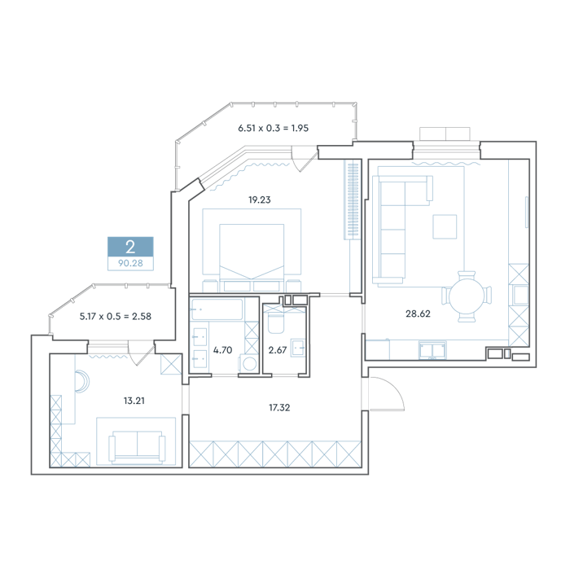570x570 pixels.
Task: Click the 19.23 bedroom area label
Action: click(x=260, y=200)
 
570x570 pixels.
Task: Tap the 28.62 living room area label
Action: click(x=418, y=313)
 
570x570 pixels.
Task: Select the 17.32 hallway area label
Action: click(x=279, y=408)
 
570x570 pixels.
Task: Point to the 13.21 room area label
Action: click(x=134, y=401)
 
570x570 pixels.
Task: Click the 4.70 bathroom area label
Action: click(x=222, y=350)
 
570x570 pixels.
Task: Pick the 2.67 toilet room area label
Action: click(x=278, y=350)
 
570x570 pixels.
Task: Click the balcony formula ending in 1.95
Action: click(x=274, y=129)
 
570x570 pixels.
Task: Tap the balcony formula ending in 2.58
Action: click(x=116, y=317)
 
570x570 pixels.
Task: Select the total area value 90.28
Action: click(x=130, y=263)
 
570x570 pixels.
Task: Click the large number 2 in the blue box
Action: click(x=130, y=248)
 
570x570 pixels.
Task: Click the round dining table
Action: click(x=467, y=297)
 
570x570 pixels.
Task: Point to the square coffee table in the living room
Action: click(x=445, y=227)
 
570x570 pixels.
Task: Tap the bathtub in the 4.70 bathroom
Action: click(x=217, y=309)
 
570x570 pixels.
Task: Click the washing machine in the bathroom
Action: click(x=248, y=363)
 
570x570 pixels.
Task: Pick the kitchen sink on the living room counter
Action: click(x=432, y=350)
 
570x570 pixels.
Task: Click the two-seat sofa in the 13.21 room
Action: click(x=137, y=446)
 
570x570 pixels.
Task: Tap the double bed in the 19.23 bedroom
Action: click(x=252, y=257)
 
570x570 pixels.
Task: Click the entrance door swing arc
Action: click(x=394, y=391)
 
